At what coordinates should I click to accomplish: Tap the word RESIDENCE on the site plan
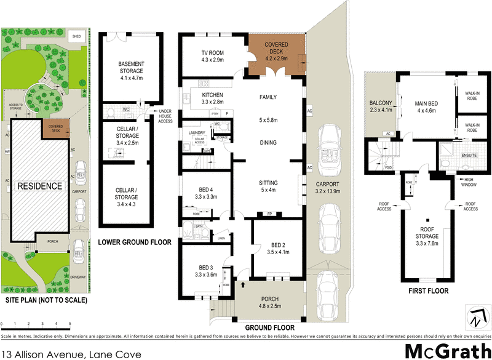pos(39,186)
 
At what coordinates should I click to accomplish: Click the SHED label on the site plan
pos(76,36)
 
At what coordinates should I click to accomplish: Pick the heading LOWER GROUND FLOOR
pos(135,242)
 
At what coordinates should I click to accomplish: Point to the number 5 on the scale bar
pos(70,323)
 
